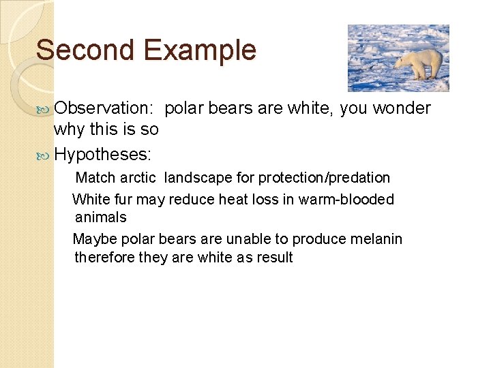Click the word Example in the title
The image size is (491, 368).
(x=200, y=50)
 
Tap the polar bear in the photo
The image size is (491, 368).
(x=419, y=63)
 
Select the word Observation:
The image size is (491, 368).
(x=106, y=108)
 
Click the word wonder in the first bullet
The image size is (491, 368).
(x=402, y=108)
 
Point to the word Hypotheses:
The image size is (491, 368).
(x=102, y=155)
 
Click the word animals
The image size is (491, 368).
(x=100, y=217)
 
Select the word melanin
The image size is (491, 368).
(x=376, y=239)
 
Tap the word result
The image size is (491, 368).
(x=274, y=258)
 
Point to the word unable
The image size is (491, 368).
(x=248, y=239)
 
